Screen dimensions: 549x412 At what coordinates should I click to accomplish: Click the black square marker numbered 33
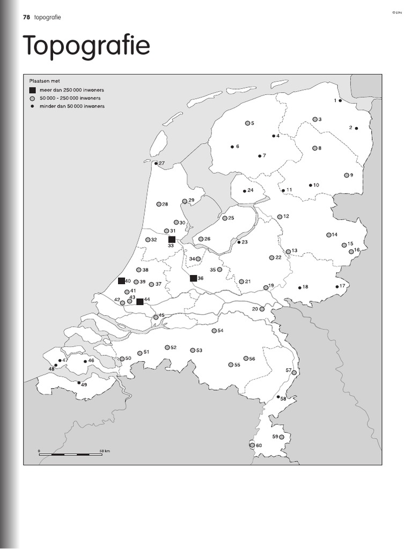172,239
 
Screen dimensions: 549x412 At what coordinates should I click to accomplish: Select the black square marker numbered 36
193,278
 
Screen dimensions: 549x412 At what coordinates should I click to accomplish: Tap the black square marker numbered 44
139,301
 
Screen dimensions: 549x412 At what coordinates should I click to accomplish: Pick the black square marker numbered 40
121,281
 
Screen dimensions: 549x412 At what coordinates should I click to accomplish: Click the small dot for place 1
340,101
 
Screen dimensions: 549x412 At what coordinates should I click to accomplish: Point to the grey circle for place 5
247,123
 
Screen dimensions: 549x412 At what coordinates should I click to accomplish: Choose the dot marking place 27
156,164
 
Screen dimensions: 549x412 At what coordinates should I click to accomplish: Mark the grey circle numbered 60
252,445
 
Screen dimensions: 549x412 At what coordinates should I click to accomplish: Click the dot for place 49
79,383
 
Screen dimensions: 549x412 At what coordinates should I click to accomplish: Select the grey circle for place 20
262,309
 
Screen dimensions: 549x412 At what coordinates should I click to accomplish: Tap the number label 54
220,330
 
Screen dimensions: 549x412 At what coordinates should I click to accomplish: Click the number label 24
250,190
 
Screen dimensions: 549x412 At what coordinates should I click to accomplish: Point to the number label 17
342,286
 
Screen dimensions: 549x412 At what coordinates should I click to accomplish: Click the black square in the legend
33,90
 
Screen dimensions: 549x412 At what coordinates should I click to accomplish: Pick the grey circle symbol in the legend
33,99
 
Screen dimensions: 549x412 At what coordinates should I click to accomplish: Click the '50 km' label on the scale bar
104,451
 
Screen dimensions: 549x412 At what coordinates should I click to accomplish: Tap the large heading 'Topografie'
86,47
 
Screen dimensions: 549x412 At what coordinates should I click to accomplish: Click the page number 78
26,17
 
